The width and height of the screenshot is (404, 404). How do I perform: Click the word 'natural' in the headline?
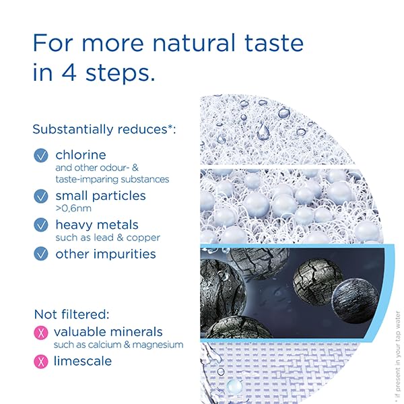point(194,43)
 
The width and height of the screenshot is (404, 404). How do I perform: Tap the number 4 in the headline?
point(69,73)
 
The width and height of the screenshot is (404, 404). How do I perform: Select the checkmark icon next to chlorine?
point(40,156)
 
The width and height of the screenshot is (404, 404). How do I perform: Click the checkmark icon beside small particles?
point(40,197)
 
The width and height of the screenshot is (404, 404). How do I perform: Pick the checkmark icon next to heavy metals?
point(40,225)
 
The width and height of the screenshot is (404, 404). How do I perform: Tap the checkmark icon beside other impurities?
point(40,254)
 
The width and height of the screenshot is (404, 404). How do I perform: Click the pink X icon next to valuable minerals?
point(40,333)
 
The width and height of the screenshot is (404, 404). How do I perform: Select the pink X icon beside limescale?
point(40,362)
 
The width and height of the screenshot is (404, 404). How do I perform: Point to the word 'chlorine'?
point(81,155)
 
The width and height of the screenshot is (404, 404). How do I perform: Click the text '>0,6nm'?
point(73,208)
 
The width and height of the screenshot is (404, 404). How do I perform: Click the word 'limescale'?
point(83,361)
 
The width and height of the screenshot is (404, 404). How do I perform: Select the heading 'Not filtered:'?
point(72,314)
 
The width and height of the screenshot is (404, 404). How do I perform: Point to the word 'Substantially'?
point(73,129)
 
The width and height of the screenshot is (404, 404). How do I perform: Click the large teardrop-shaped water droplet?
point(263,132)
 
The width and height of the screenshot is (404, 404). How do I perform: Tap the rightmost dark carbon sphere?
point(355,301)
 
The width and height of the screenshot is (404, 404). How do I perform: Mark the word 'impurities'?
point(125,255)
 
